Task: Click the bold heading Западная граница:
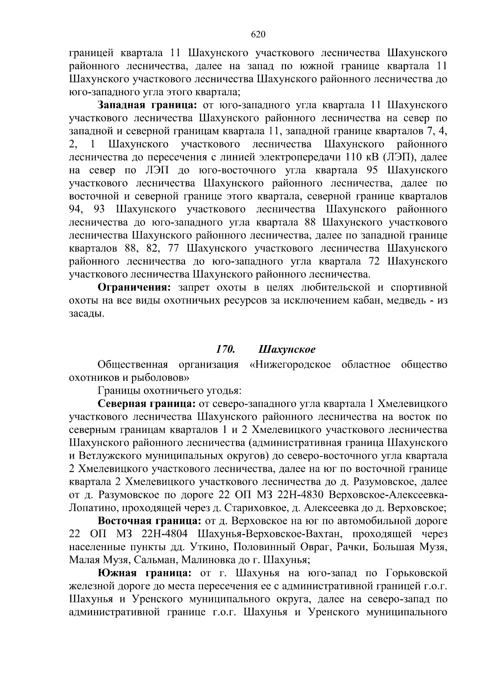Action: (147, 105)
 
